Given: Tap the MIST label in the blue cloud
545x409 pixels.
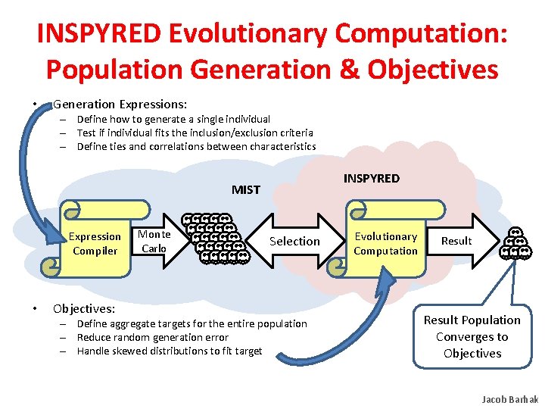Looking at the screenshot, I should coord(246,189).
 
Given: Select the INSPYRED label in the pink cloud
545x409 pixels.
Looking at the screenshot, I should coord(371,179).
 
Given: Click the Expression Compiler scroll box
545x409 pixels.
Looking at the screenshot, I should coord(95,243).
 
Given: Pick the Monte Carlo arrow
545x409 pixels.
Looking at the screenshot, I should coord(157,241).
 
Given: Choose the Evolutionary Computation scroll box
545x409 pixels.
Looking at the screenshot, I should coord(385,243).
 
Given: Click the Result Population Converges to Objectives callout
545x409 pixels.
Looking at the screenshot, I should coord(472,336).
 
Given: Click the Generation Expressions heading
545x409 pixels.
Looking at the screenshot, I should coord(120,104).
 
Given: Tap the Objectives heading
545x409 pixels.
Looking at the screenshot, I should coord(83,308).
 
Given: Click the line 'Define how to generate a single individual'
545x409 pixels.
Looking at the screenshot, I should coord(173,119).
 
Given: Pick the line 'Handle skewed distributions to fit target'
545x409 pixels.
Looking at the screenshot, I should coord(170,351).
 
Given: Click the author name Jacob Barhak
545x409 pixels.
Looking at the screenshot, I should coord(509,399).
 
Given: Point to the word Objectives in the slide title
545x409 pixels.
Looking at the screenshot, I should coord(433,69).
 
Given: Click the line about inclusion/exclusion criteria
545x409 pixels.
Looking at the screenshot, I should coord(195,133).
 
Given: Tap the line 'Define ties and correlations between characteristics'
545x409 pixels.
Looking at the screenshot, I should coord(196,146).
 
